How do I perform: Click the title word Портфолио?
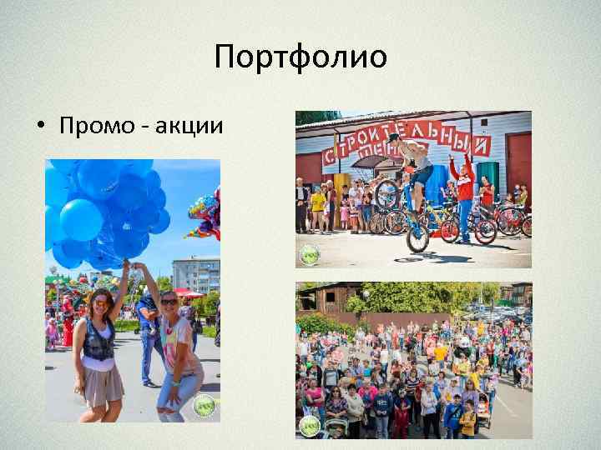(300, 57)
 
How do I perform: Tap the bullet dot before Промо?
(40, 127)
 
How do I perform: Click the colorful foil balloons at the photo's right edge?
(204, 215)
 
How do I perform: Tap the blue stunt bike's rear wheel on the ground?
(417, 239)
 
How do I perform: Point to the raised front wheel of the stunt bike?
(386, 193)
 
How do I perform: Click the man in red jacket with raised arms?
(464, 187)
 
